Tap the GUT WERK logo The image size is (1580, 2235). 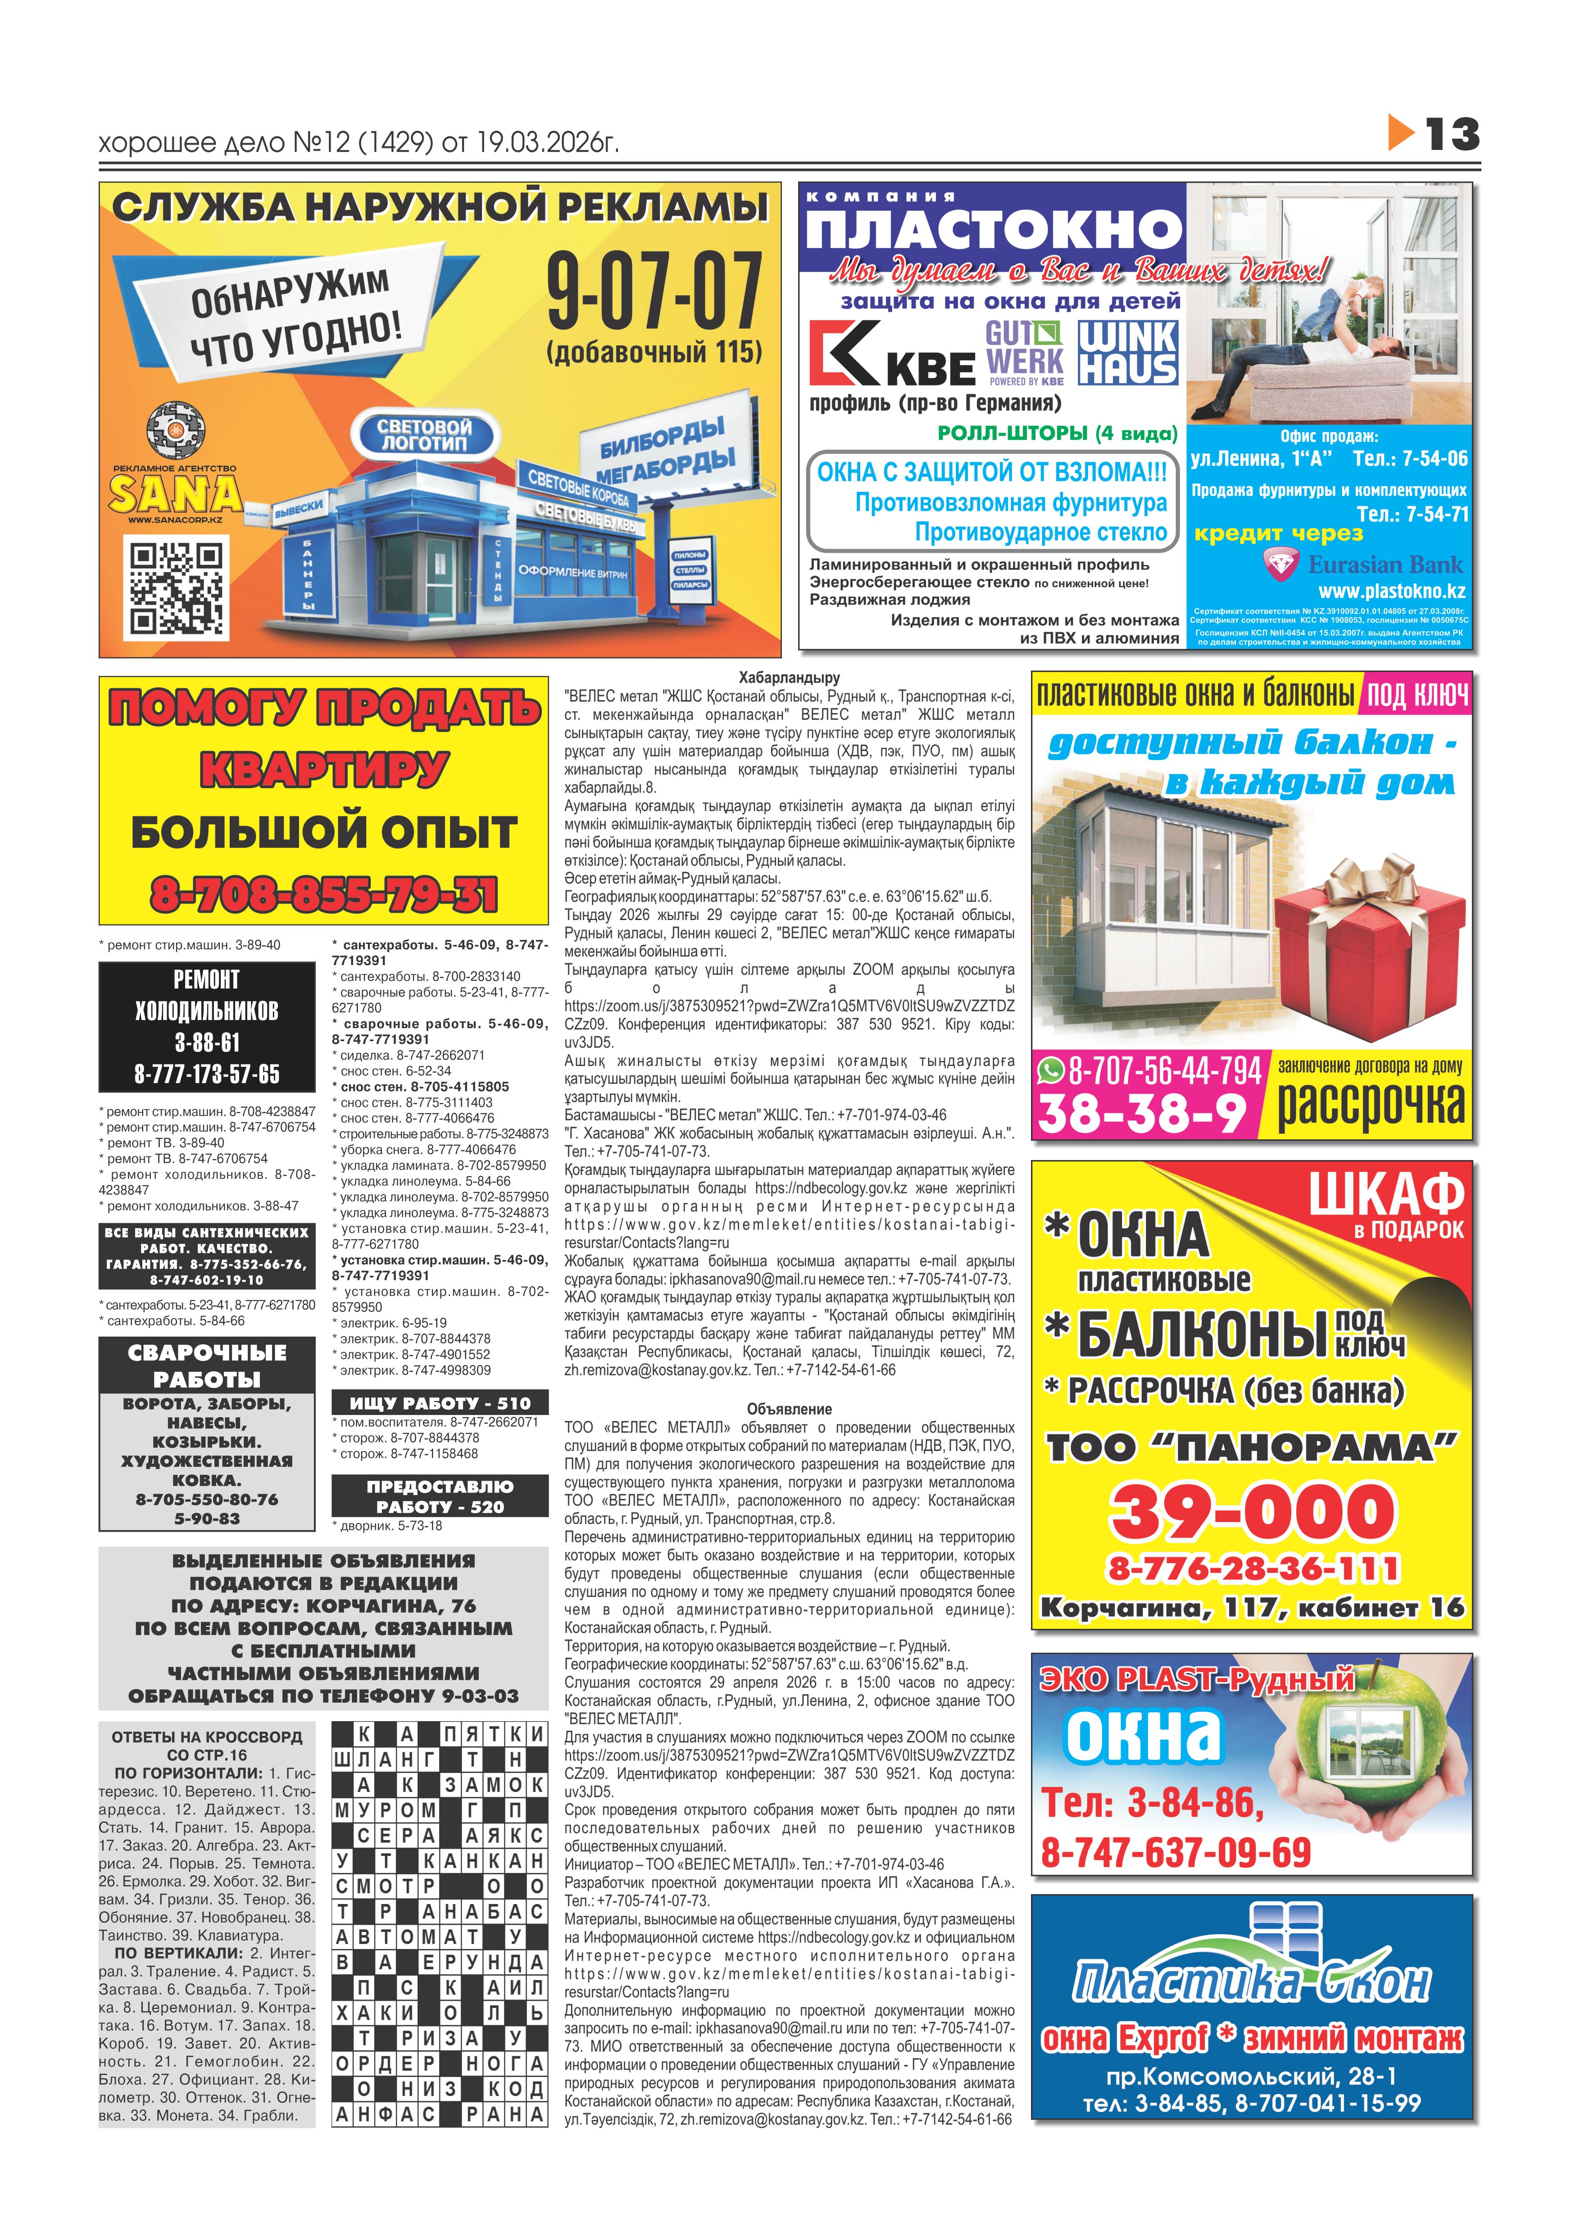[x=1024, y=352]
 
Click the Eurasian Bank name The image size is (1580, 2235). [x=1385, y=565]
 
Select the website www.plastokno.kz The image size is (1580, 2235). [x=1391, y=591]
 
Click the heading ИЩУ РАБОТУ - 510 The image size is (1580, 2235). [x=440, y=1403]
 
